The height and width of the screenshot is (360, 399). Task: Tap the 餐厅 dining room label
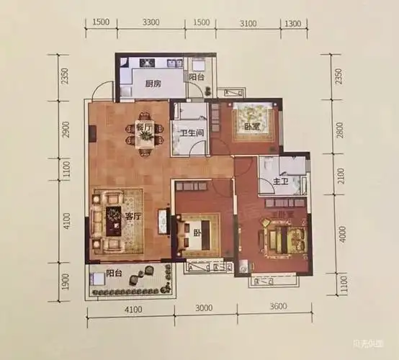click(144, 127)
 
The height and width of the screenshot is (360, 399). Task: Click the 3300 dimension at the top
click(151, 23)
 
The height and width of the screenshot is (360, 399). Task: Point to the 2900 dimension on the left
click(66, 131)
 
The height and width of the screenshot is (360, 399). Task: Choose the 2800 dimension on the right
click(341, 132)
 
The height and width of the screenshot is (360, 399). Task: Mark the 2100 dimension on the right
click(341, 178)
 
